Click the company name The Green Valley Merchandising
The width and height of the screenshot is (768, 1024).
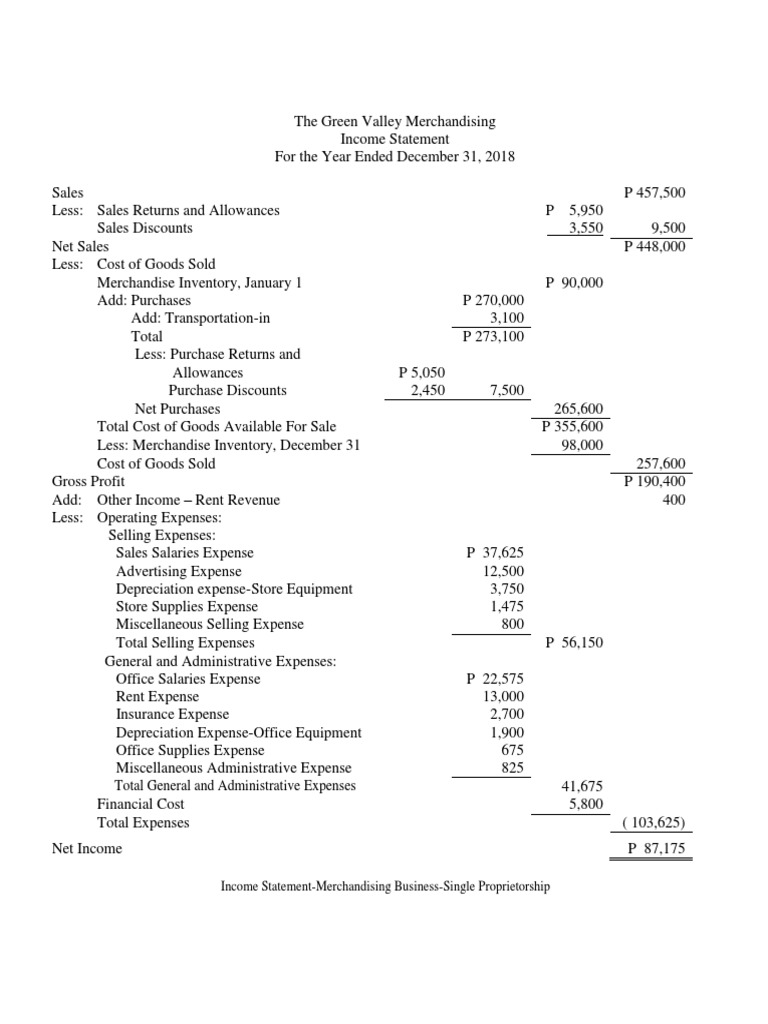(394, 121)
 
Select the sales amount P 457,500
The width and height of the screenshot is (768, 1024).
(654, 191)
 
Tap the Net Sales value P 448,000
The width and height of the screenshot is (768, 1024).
(654, 246)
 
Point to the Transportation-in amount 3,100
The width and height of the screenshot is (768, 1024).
(506, 318)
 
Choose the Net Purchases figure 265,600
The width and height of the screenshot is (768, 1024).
(579, 408)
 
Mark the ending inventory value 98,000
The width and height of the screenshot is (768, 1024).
(583, 445)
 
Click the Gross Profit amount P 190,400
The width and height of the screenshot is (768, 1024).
(654, 481)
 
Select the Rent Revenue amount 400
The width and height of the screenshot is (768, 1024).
(673, 499)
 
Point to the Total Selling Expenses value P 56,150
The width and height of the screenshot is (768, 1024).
(575, 643)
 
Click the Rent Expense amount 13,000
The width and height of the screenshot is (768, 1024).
(504, 697)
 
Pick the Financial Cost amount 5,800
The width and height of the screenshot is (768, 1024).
(585, 803)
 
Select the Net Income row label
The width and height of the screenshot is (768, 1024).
(87, 849)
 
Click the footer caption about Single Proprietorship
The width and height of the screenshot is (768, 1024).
(384, 886)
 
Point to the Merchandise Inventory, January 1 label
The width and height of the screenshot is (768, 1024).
(199, 282)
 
